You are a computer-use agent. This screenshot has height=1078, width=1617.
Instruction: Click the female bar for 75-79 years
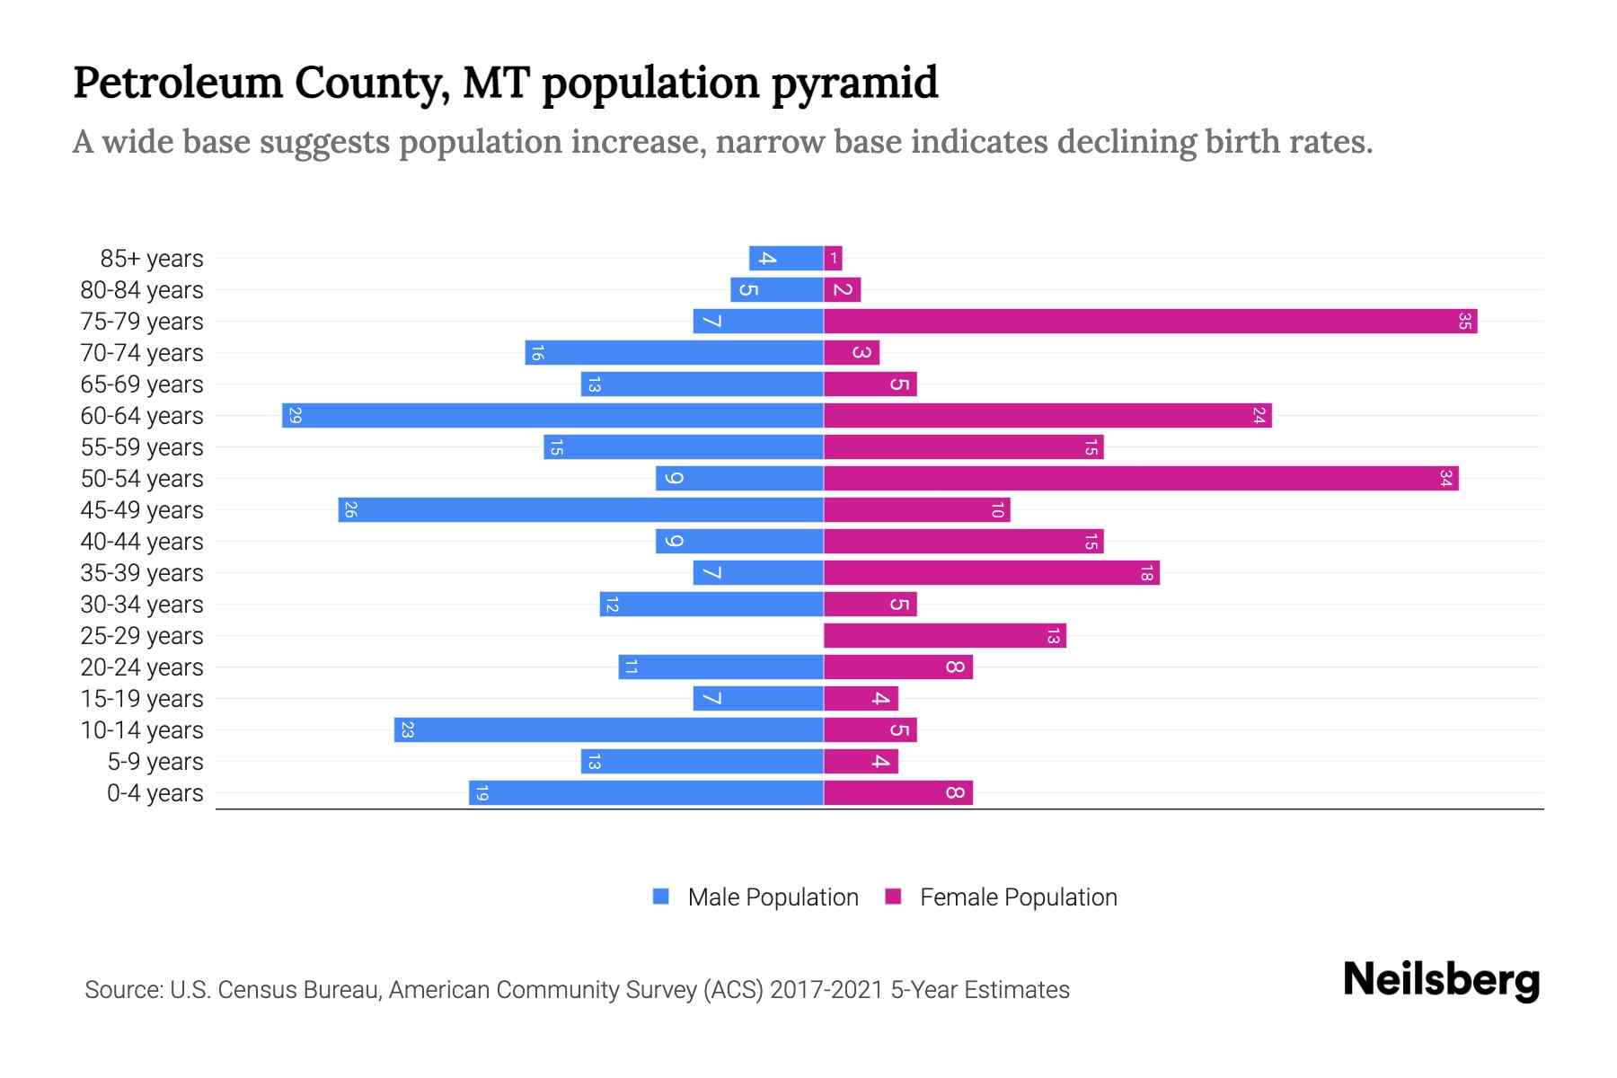1150,321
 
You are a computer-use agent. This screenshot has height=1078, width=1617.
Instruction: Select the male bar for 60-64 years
552,415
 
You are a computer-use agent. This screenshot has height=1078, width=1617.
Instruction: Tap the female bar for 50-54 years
1141,478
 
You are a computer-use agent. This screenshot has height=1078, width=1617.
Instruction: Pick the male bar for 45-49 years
580,509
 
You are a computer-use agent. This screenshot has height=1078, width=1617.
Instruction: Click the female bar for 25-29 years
944,635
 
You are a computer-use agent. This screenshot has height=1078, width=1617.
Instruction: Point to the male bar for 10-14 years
608,729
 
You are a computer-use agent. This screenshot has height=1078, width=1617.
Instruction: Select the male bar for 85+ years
786,258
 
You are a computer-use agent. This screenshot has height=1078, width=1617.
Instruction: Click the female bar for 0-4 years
897,792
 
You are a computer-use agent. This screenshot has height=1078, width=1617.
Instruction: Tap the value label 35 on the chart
1464,321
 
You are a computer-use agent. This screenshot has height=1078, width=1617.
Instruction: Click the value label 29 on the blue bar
295,415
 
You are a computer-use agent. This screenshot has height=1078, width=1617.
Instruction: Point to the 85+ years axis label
151,259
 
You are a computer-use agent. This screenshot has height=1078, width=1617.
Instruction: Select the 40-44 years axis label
142,542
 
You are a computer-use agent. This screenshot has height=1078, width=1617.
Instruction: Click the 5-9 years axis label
155,762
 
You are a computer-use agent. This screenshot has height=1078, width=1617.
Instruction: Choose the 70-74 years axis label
142,353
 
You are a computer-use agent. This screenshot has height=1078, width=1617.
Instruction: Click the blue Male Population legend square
661,897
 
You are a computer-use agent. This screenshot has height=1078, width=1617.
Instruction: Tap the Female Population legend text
1018,897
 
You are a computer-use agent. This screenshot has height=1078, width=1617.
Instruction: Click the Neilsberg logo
1441,979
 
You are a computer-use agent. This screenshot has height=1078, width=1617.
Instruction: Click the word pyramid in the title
854,84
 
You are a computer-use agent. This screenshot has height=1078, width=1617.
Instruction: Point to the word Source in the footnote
122,990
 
